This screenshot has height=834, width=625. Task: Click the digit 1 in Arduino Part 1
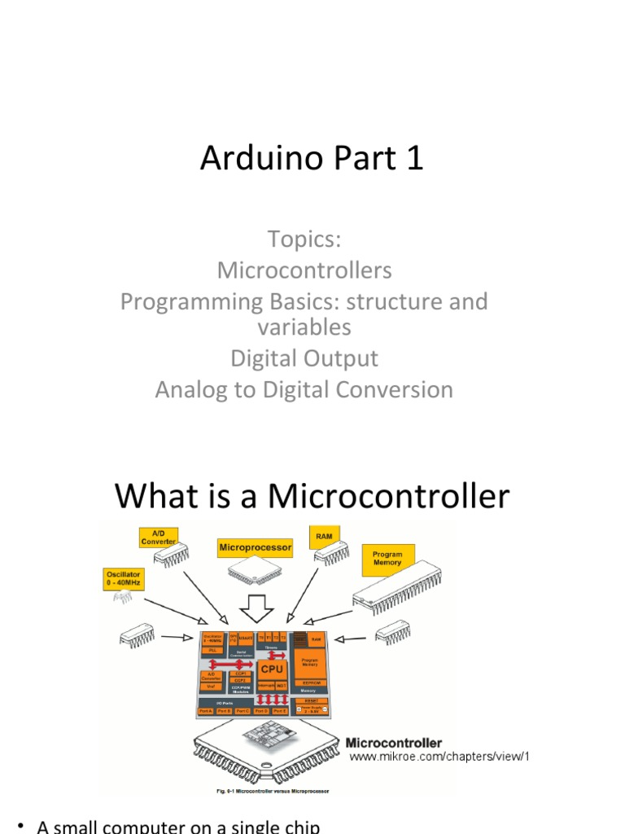[415, 159]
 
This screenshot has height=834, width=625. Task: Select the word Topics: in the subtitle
[304, 240]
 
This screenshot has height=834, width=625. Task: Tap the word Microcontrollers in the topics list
[304, 270]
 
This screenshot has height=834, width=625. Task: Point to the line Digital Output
[304, 358]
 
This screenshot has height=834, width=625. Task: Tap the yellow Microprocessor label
[255, 548]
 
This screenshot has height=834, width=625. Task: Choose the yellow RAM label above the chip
[323, 538]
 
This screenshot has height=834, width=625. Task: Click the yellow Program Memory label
[387, 558]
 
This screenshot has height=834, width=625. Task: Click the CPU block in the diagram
[272, 669]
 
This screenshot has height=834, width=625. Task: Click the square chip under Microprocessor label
[250, 575]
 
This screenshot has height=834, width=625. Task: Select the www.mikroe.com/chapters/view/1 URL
[439, 757]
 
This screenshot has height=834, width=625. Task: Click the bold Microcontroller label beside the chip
[394, 743]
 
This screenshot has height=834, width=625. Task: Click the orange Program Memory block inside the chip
[309, 665]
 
